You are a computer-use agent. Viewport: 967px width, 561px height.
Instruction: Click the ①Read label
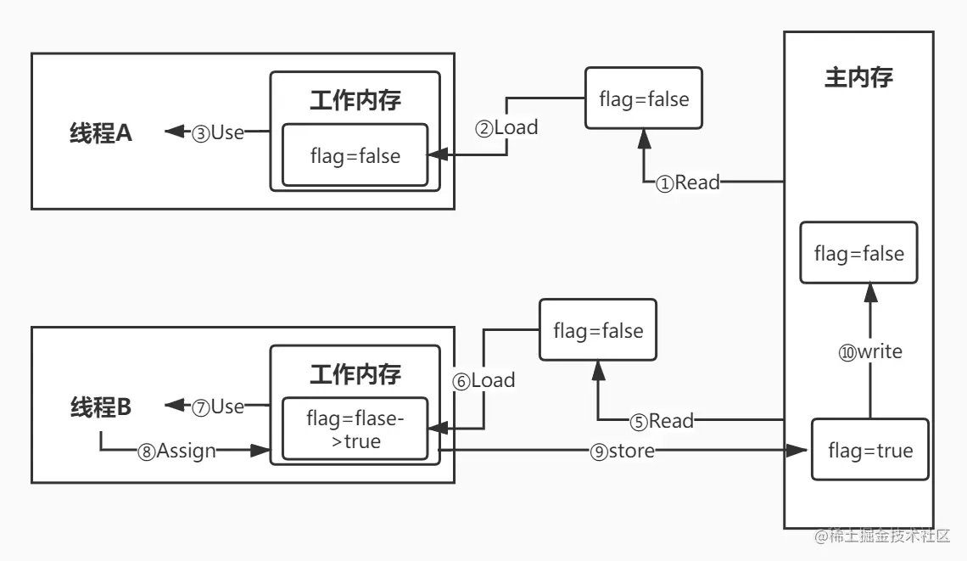point(688,182)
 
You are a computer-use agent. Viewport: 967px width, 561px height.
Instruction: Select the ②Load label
point(506,128)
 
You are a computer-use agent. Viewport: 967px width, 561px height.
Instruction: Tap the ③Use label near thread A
point(218,132)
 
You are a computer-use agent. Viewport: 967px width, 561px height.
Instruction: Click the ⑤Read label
point(662,421)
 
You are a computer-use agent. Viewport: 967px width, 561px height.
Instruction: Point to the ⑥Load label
point(483,381)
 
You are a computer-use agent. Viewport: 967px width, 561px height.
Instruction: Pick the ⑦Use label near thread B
point(218,407)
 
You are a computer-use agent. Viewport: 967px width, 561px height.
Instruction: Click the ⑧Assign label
point(176,452)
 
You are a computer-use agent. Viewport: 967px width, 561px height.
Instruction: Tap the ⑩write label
point(870,351)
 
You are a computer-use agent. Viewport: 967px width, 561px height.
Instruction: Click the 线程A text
point(101,133)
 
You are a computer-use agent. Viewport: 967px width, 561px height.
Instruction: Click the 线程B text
point(101,407)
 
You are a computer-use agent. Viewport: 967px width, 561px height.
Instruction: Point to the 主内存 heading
point(858,78)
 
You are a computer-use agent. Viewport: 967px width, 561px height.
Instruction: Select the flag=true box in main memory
point(870,451)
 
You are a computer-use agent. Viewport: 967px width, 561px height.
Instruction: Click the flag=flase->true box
point(355,429)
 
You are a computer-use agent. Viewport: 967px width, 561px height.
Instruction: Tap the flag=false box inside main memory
point(858,253)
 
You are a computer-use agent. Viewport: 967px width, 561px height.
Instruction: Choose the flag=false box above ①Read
point(644,99)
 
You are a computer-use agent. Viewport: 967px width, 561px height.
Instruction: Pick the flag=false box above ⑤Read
point(598,330)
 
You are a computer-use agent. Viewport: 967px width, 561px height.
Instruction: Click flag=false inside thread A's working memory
point(355,155)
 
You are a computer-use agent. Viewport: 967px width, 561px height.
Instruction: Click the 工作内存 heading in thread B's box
point(355,373)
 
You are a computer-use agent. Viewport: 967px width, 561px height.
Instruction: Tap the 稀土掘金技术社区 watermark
point(882,536)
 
